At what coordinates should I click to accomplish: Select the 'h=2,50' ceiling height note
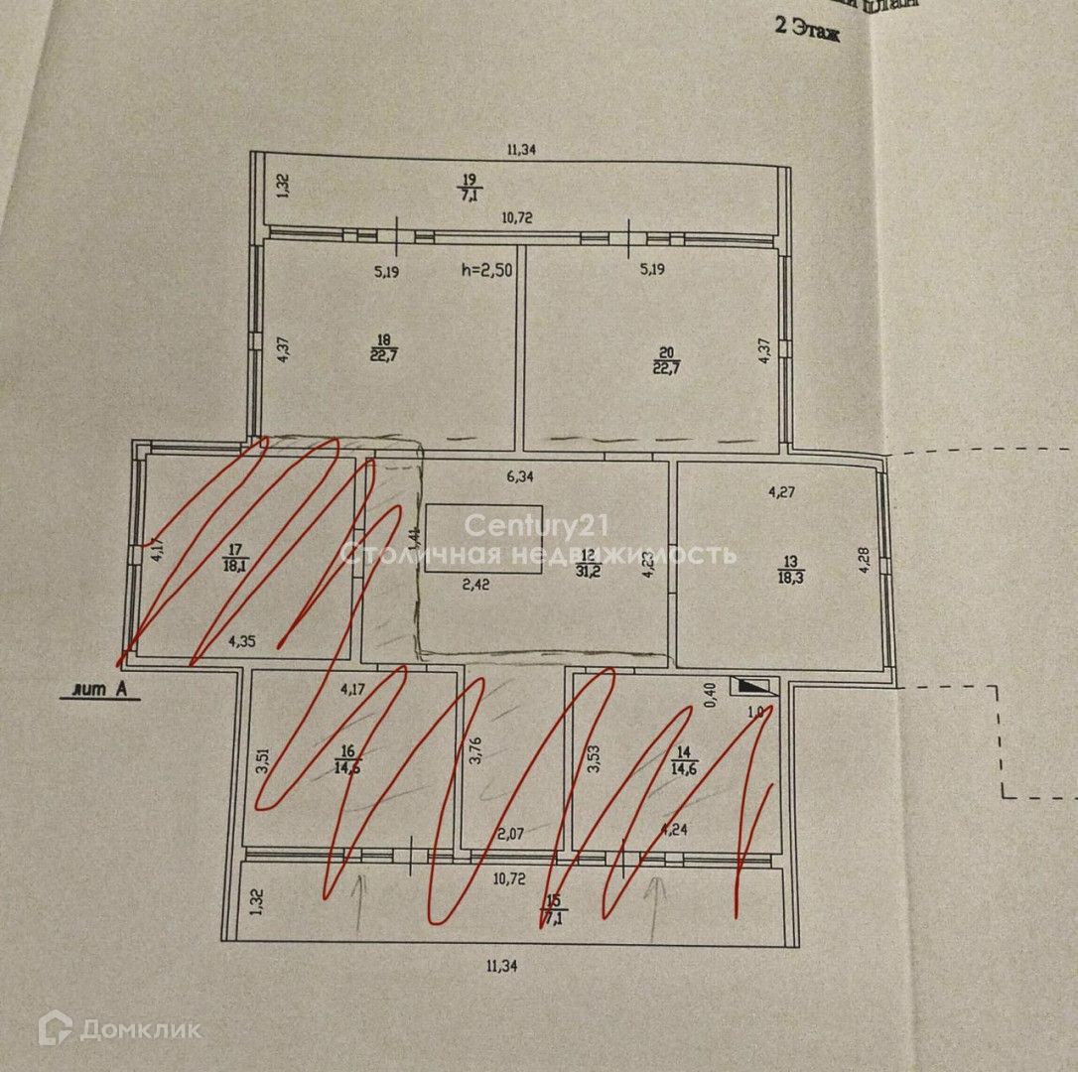click(x=486, y=270)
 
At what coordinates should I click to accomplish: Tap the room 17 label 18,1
click(x=235, y=559)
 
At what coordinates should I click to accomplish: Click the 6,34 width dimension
click(x=520, y=477)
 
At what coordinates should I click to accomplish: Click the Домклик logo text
click(x=140, y=1029)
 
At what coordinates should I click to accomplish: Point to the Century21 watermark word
click(x=536, y=525)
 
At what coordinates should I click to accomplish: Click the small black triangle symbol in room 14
click(x=755, y=686)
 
